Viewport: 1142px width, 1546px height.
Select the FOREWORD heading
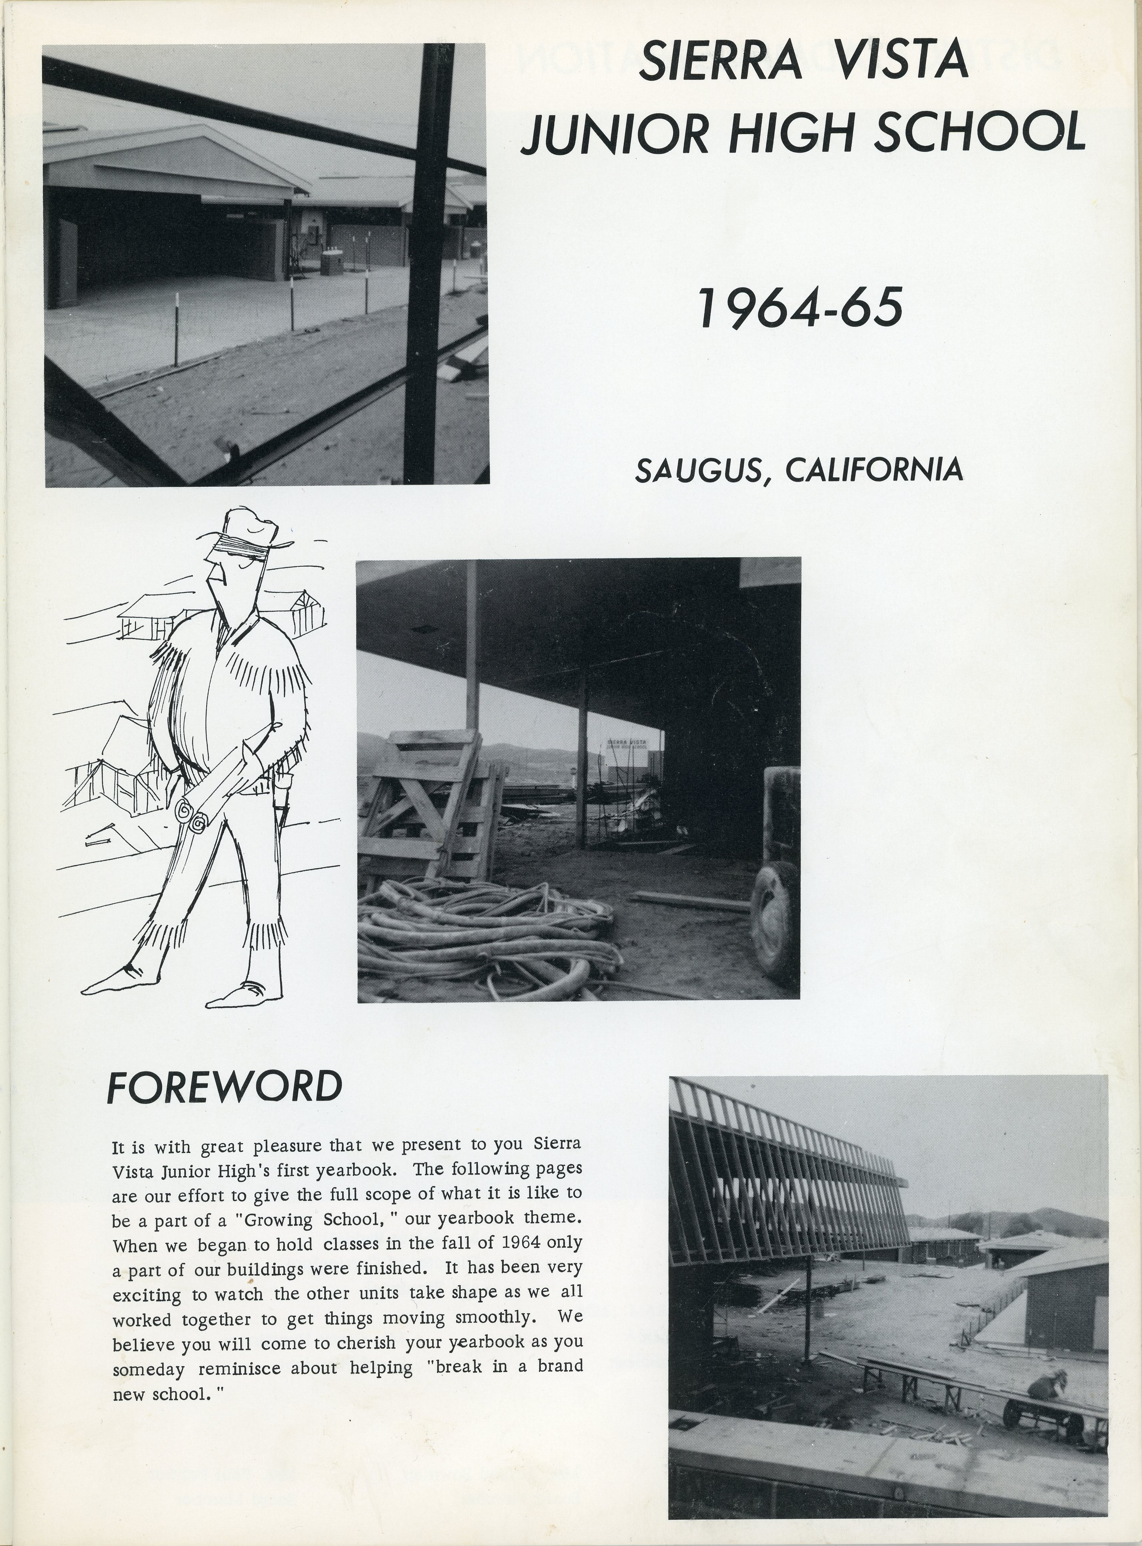(225, 1087)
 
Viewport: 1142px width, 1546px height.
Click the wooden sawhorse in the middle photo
(429, 802)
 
